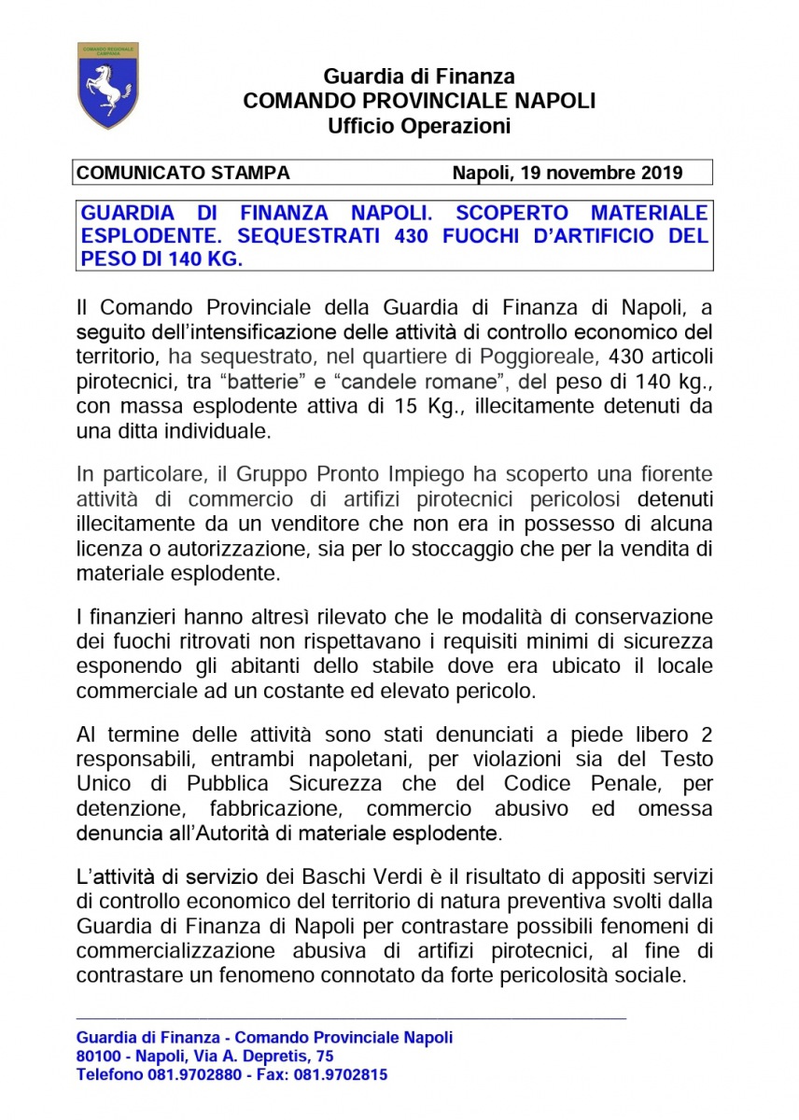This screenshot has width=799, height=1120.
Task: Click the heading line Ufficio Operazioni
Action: pyautogui.click(x=419, y=126)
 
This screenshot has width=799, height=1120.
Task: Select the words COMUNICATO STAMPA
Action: pyautogui.click(x=183, y=173)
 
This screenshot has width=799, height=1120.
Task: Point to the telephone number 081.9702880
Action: pyautogui.click(x=191, y=1074)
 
